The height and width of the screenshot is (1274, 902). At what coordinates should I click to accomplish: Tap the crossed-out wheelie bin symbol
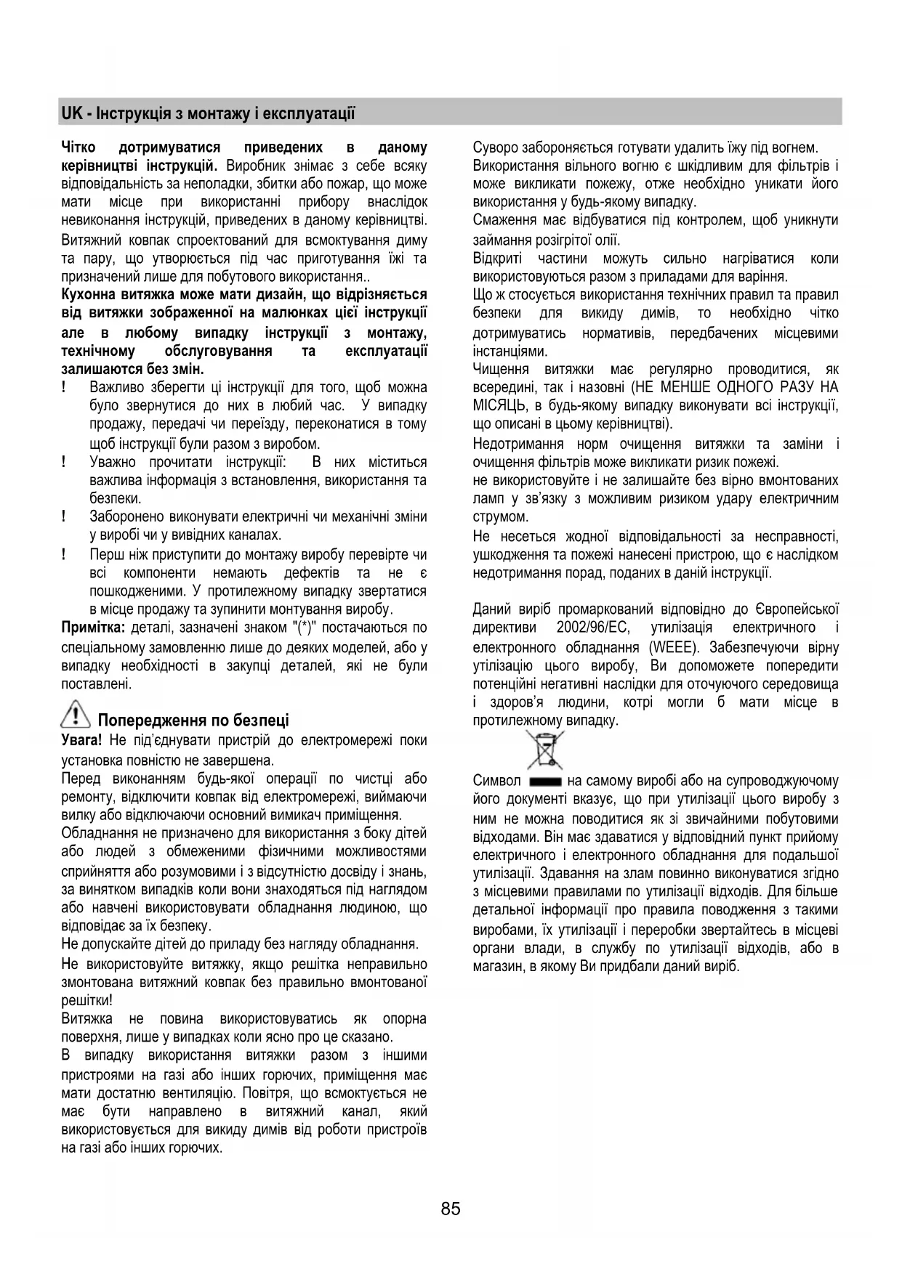(x=545, y=750)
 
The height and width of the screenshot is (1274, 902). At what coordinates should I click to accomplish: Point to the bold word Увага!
(x=82, y=740)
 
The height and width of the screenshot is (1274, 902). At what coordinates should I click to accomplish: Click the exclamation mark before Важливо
(x=65, y=387)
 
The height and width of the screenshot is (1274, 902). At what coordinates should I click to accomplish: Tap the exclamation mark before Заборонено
(x=65, y=516)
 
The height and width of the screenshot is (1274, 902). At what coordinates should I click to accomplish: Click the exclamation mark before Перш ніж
(x=65, y=554)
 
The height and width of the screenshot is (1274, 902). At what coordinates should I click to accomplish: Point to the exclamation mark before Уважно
(x=65, y=462)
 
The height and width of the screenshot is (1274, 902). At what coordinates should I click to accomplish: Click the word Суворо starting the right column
(x=494, y=148)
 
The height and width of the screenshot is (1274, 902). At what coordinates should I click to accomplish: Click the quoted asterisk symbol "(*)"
(x=303, y=628)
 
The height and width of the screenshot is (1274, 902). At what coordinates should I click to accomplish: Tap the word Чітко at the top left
(x=78, y=148)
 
